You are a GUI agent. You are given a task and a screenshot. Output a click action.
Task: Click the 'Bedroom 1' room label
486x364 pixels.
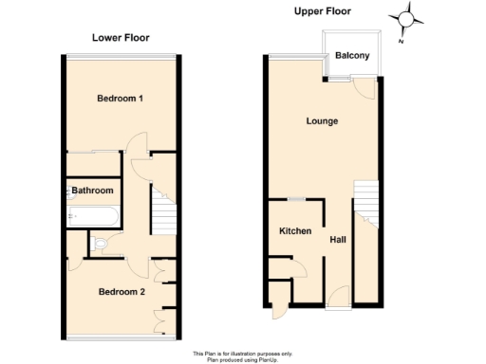(120, 99)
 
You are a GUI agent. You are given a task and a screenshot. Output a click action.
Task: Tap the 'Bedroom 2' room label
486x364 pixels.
(121, 292)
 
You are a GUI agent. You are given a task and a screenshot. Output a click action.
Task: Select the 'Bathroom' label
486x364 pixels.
(93, 191)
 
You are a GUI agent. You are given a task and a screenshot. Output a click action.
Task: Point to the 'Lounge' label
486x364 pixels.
(322, 121)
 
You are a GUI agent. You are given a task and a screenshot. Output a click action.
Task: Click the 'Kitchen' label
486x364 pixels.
(295, 231)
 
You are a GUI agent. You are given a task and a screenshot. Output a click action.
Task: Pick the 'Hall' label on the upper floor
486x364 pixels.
(337, 240)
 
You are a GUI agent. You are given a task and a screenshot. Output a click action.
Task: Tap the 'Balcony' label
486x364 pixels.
(352, 56)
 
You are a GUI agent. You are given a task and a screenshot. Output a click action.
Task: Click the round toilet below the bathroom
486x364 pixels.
(101, 244)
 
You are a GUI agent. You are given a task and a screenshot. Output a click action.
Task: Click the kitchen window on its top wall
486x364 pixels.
(296, 199)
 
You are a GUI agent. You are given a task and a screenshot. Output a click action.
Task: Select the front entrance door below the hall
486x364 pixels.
(338, 297)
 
